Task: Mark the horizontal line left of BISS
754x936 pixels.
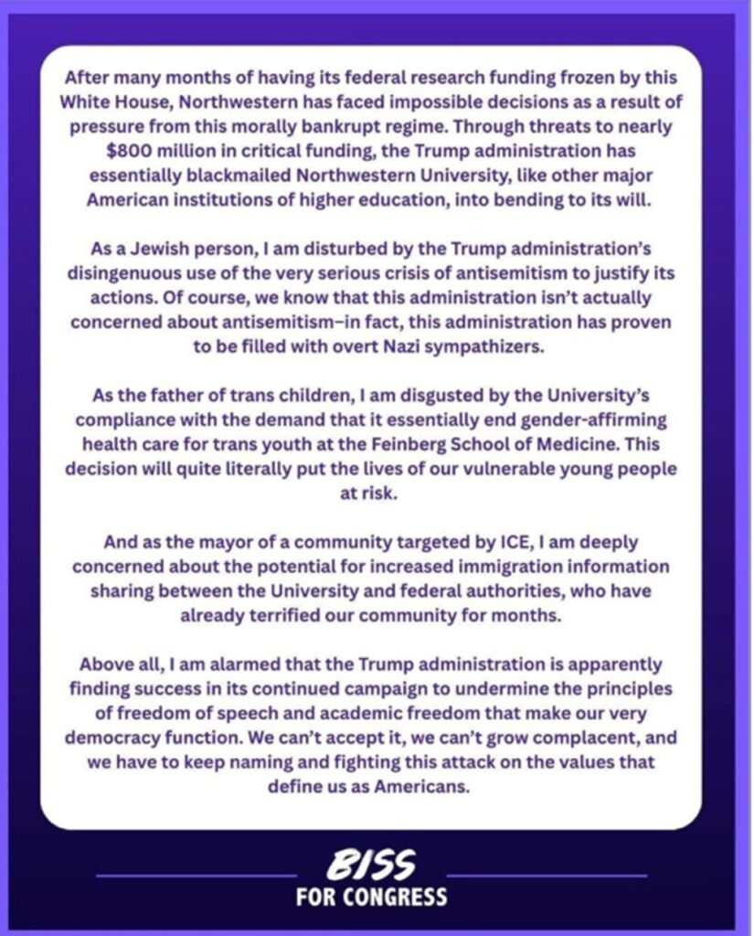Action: (x=196, y=877)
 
